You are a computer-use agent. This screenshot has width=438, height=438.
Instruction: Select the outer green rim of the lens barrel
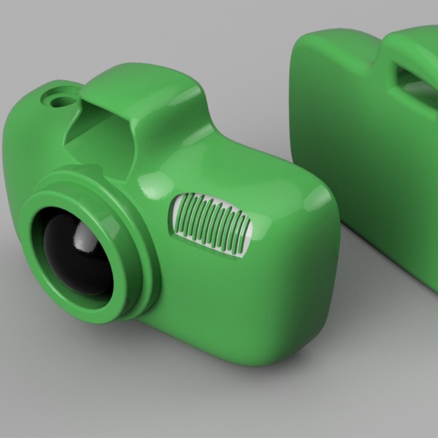[x=43, y=286]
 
